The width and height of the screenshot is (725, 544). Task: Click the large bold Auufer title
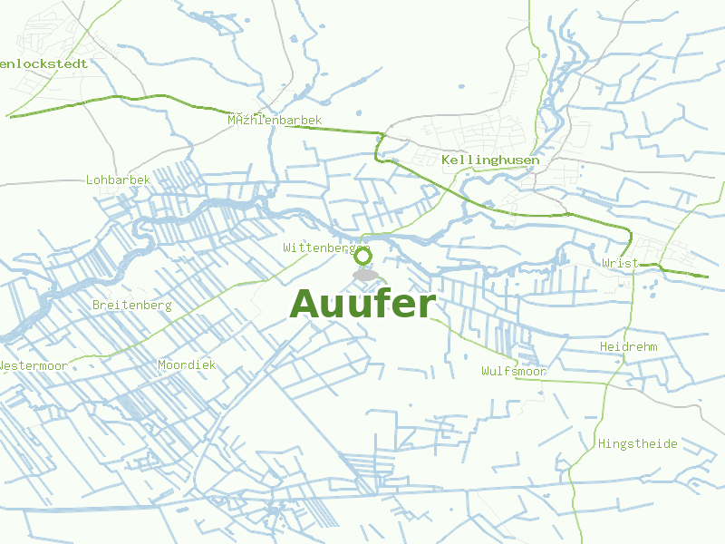pos(362,304)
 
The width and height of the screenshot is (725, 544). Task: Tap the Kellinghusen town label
pos(490,160)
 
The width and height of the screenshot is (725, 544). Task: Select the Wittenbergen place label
pos(326,248)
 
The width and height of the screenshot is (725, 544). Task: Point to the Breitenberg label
pos(132,306)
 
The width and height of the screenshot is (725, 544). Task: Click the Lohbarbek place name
pos(118,180)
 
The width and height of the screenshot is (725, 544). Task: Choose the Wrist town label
pos(620,263)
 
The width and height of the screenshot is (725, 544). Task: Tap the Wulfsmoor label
pos(514,372)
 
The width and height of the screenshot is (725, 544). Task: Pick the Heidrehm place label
pos(628,347)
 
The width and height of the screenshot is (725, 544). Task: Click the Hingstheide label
pos(638,443)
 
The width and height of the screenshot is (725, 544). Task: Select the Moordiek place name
pos(187,365)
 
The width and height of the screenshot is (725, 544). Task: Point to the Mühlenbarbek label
pos(275,121)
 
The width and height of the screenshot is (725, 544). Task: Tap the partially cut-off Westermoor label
pos(33,365)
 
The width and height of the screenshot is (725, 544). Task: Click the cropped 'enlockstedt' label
pos(45,64)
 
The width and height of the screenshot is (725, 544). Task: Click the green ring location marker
pos(363,256)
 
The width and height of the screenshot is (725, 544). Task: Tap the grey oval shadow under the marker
pos(365,274)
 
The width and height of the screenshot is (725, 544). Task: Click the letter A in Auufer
pos(306,304)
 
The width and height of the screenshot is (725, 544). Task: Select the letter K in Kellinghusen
pos(447,160)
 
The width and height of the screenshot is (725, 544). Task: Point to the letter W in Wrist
pos(605,263)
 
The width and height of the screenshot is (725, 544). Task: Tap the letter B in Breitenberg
pos(97,306)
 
